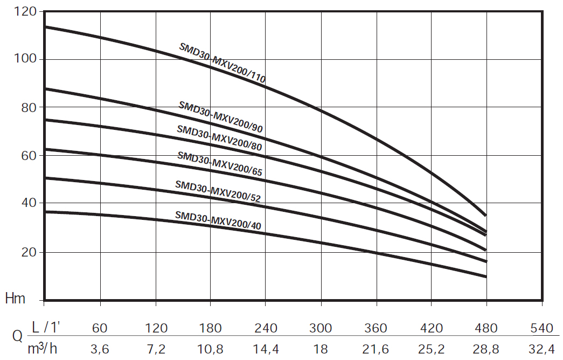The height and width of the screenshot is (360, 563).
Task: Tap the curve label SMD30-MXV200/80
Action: point(220,139)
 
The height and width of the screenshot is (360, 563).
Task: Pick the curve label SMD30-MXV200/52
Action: point(218,191)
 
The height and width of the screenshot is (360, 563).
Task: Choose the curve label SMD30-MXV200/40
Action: point(218,220)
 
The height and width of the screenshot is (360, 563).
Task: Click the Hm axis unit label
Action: point(16,299)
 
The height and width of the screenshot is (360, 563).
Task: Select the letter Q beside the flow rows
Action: point(17,337)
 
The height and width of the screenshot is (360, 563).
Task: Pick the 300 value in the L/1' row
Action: point(321,328)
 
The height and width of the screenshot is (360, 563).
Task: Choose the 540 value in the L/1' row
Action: point(541,328)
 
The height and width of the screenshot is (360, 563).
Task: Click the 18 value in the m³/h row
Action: point(321,349)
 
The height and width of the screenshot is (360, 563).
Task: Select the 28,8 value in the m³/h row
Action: point(486,349)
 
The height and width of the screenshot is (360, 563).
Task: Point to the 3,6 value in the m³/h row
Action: point(101,349)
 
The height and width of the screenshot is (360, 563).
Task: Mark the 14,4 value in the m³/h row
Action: point(266,349)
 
